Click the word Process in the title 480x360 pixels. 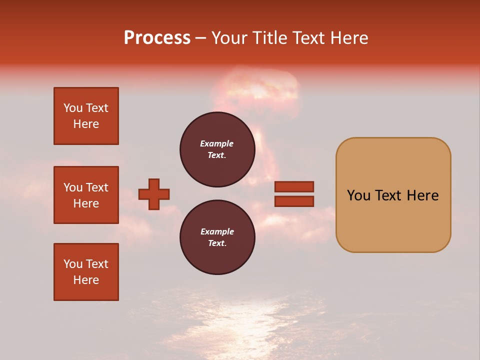point(157,38)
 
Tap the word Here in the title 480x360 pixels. point(348,38)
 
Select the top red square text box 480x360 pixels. point(86,116)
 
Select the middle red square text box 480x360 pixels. point(86,195)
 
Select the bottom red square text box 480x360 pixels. point(86,272)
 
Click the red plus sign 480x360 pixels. point(154,194)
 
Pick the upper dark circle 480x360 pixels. point(217,149)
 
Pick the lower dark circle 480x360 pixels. point(217,237)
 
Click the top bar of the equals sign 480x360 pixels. point(294,186)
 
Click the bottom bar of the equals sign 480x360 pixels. point(294,201)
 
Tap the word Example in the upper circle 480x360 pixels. point(216,143)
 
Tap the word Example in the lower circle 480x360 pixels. point(217,231)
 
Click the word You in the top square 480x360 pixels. point(73,108)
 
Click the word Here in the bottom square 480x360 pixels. point(86,280)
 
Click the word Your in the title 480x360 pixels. point(229,38)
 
